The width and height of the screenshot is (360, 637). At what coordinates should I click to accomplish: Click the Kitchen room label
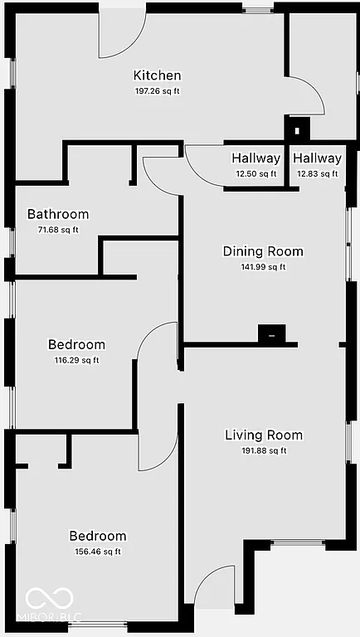(157, 75)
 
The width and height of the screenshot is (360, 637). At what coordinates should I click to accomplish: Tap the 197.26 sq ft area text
(157, 91)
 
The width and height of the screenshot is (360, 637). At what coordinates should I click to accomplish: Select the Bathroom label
(57, 214)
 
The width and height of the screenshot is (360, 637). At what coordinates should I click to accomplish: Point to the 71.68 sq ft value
(57, 230)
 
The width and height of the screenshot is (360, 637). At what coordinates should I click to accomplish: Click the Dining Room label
(263, 251)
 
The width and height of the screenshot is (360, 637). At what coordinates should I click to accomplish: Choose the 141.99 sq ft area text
(263, 267)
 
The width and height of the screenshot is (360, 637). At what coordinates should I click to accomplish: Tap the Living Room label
(264, 435)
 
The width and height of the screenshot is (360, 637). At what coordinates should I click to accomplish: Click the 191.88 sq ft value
(264, 450)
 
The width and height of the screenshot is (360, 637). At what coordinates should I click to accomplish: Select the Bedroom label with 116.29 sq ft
(76, 344)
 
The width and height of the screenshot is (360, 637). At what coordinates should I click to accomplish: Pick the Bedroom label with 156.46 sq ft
(97, 536)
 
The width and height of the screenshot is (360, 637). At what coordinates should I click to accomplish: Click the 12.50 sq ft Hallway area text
(255, 173)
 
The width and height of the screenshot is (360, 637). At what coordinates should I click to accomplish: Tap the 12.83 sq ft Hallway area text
(317, 173)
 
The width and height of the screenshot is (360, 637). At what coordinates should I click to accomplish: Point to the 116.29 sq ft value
(76, 360)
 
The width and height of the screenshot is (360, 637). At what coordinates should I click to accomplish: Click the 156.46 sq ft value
(97, 552)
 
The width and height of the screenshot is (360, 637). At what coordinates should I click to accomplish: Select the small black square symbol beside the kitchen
(297, 130)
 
